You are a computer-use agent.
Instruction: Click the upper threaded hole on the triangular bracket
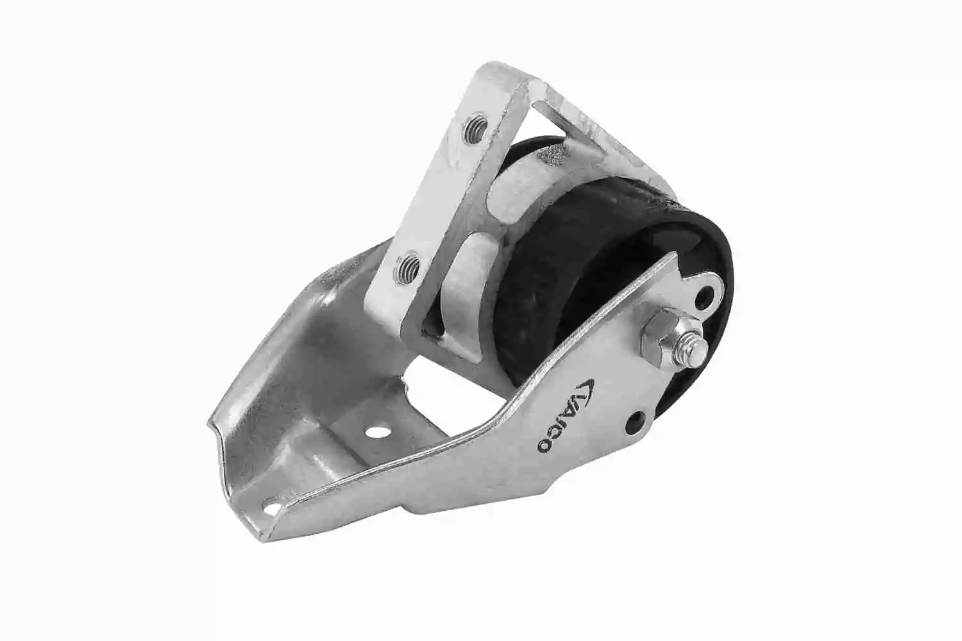click(x=475, y=128)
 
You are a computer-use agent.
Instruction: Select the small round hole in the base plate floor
click(x=376, y=431)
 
